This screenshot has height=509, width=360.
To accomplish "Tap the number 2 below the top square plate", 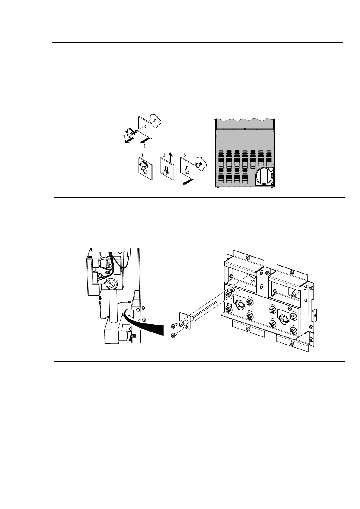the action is (144, 146).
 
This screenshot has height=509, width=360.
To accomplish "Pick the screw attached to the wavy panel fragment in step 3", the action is (199, 164).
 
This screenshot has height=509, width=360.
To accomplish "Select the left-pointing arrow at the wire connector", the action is (130, 302).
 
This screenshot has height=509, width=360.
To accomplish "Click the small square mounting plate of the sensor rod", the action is (185, 321).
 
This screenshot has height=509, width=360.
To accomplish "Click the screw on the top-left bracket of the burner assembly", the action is (248, 258).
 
